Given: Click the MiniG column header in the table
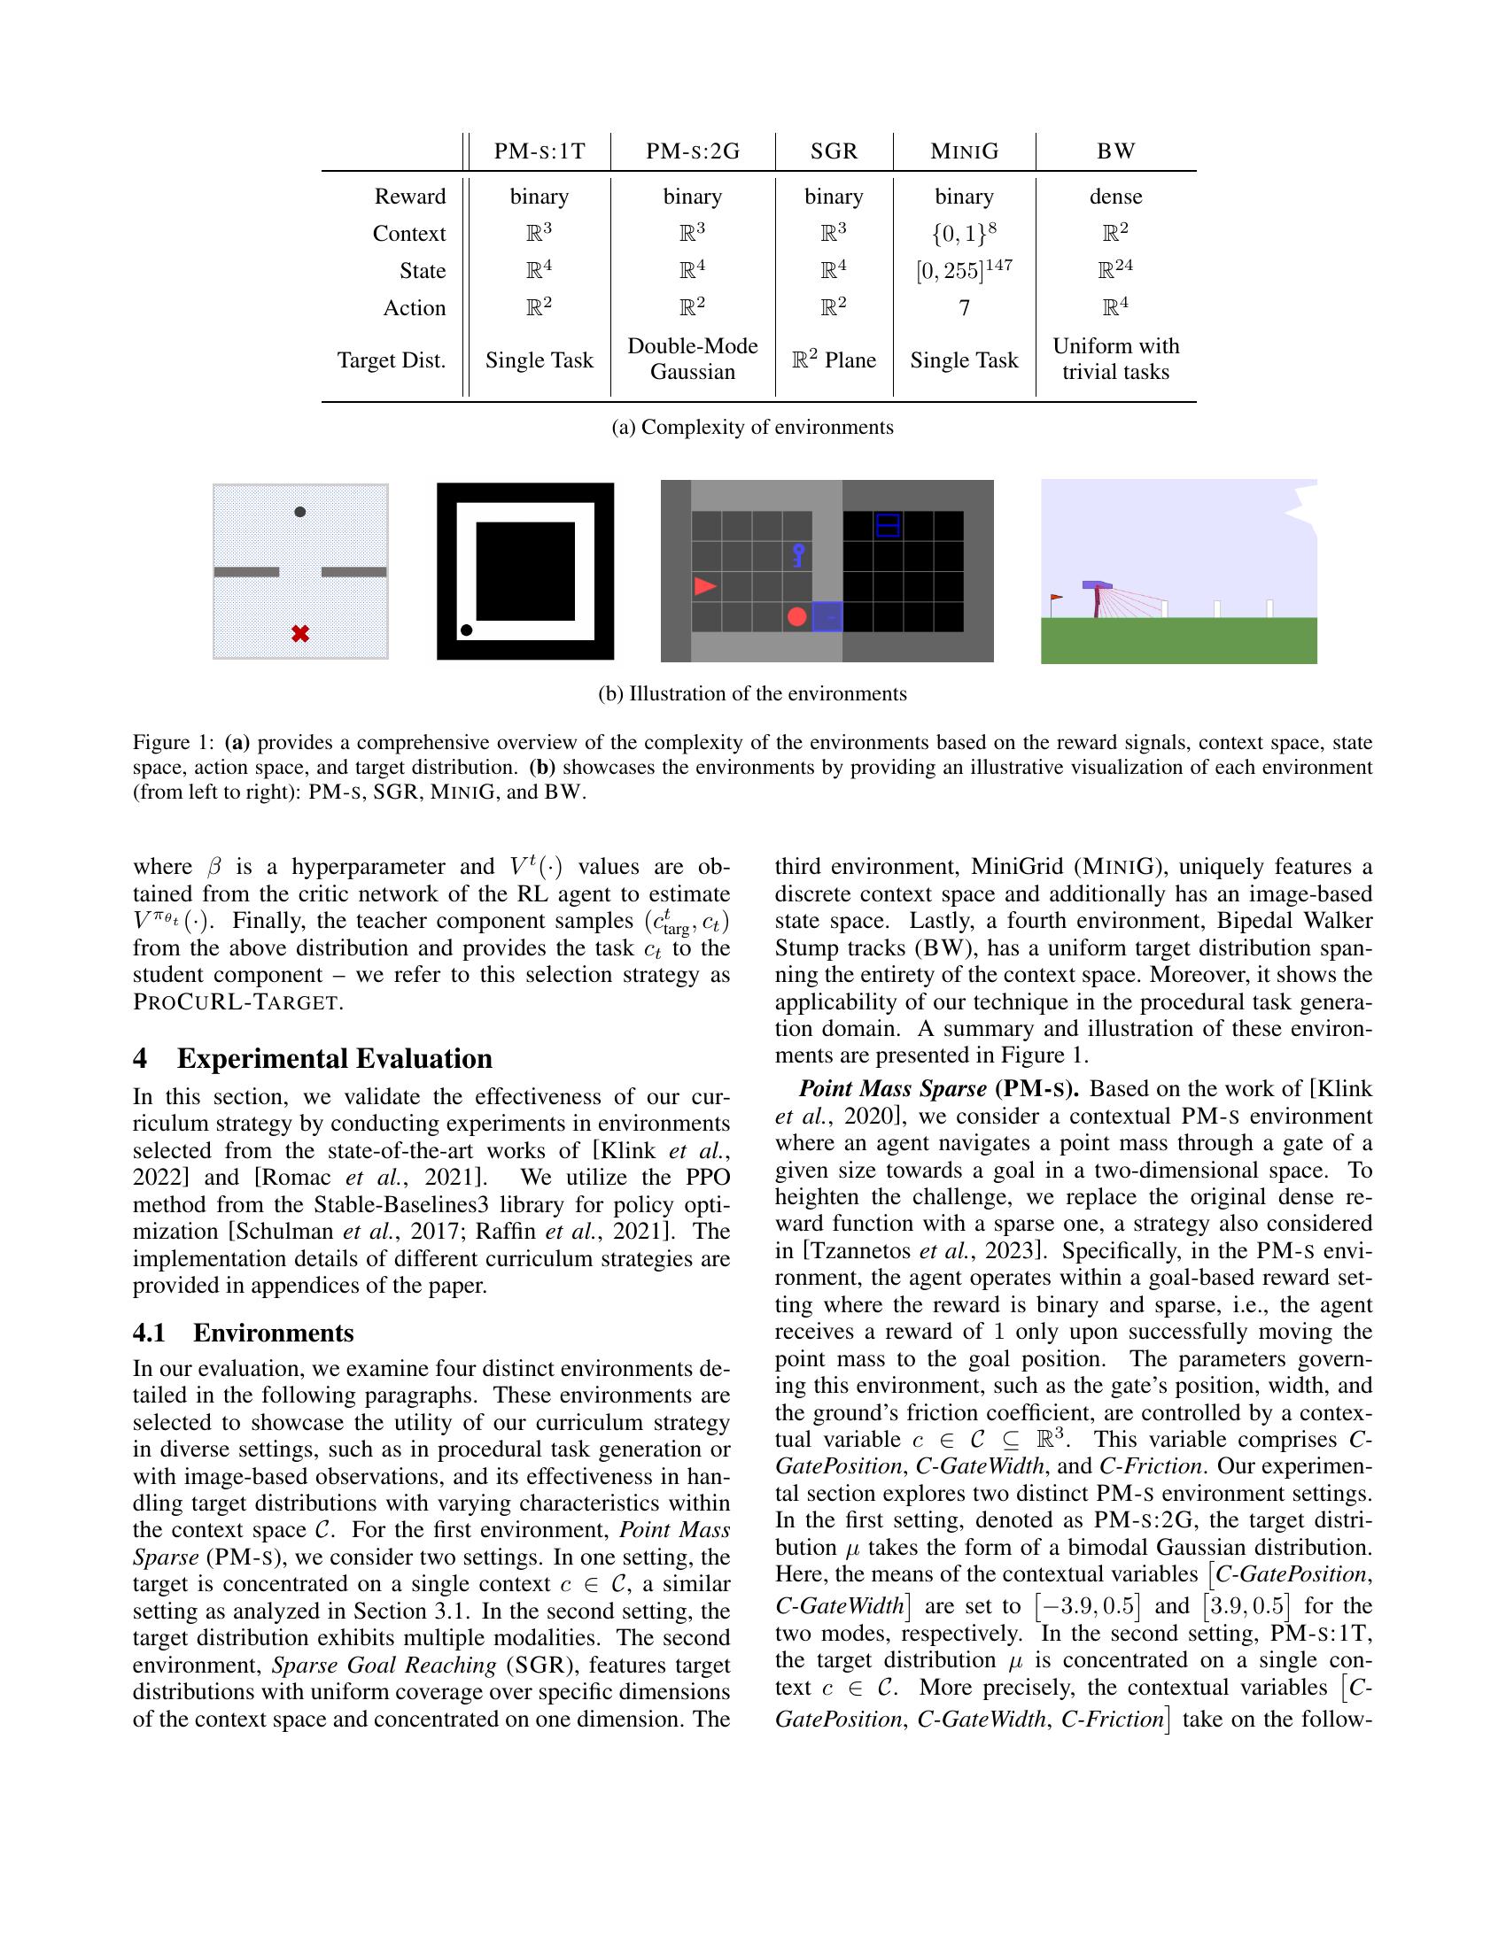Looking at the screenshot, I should coord(964,151).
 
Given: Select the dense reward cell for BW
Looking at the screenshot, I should coord(1114,197).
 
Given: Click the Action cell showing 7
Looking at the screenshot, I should coord(964,308).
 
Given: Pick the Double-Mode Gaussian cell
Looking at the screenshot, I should coord(693,359).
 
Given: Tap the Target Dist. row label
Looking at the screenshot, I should coord(391,360).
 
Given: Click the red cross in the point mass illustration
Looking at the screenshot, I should coord(300,634).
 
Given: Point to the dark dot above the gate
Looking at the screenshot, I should coord(299,512).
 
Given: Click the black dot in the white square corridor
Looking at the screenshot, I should coord(466,630).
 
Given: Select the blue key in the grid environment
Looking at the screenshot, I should coord(798,556).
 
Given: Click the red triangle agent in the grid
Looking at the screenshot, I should coord(705,586).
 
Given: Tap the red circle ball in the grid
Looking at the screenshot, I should coord(796,616).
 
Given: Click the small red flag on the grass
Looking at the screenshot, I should coord(1056,598).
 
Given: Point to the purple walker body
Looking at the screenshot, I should coord(1098,585).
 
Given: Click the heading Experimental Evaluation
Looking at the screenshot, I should coord(334,1059).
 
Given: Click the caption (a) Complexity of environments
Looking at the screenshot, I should coord(752,428).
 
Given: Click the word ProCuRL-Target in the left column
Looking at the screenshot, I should coord(237,1001).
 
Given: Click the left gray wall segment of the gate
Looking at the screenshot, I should coord(247,572).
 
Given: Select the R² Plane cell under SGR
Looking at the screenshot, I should coord(834,360).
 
